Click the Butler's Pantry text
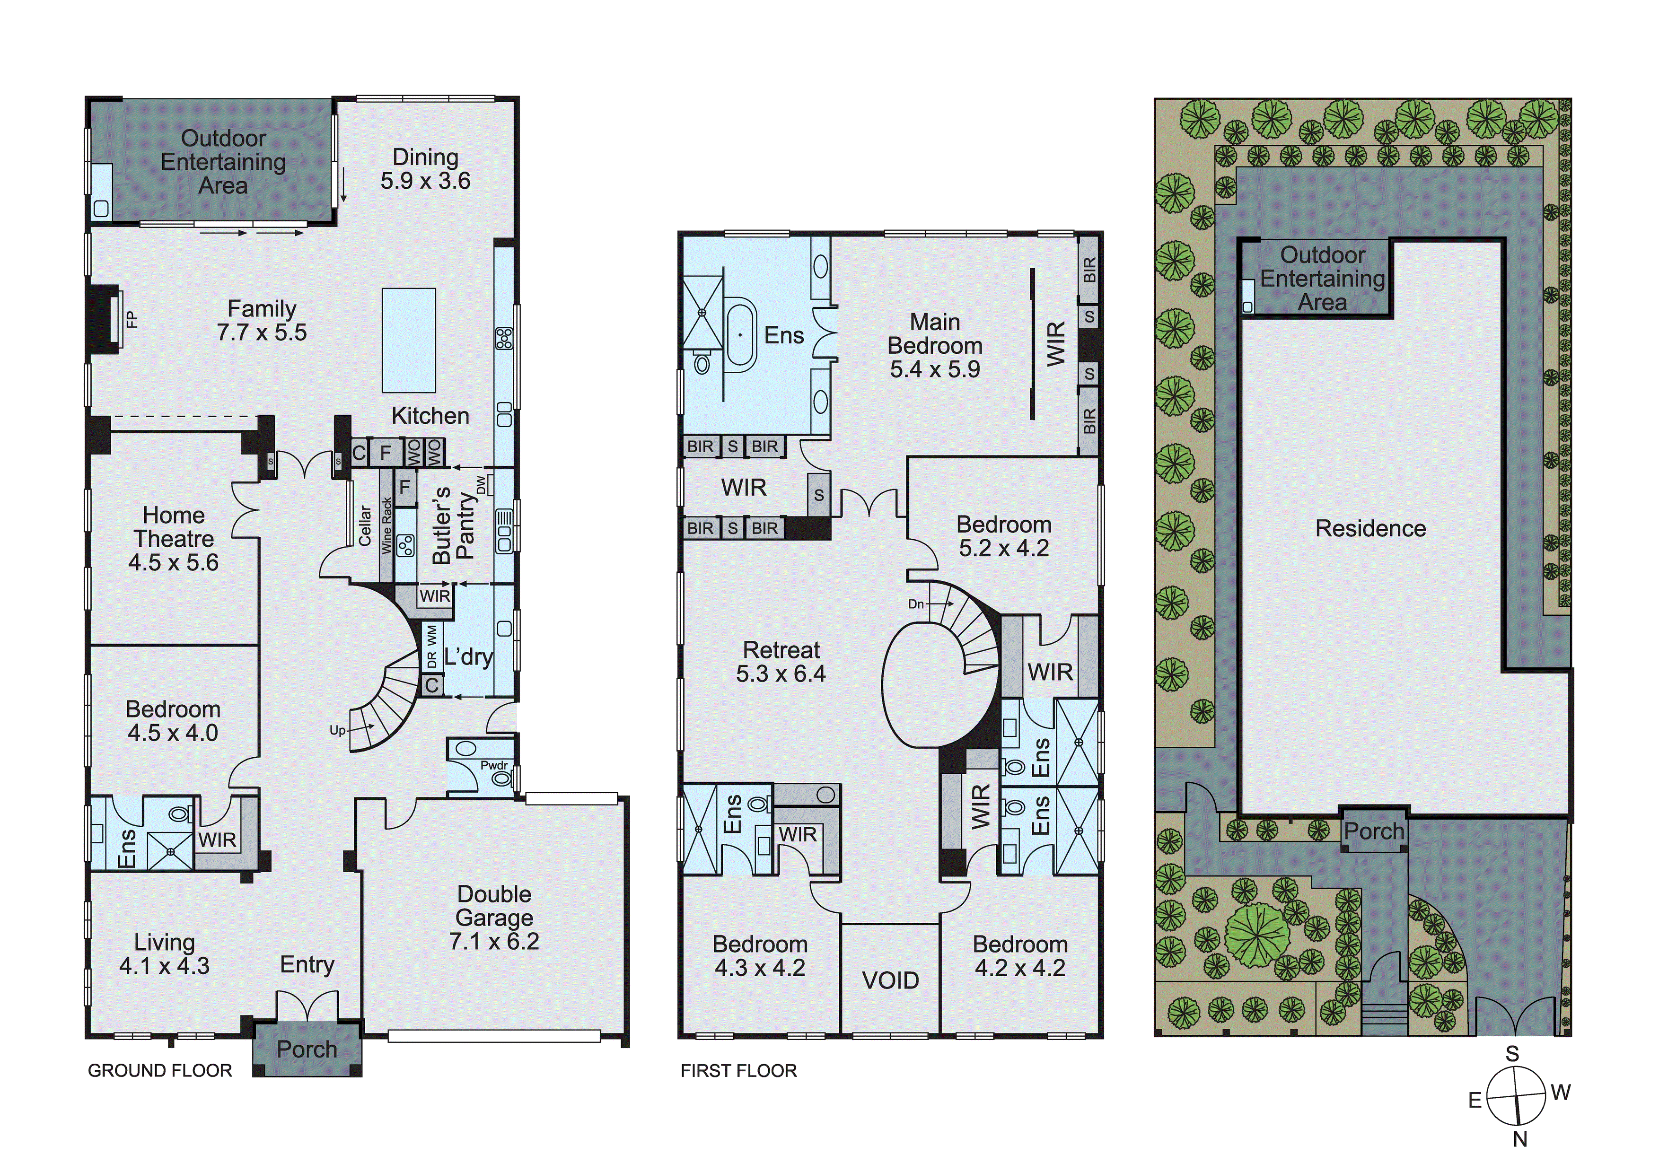pos(453,525)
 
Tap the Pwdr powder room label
pos(494,766)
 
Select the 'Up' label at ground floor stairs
pos(337,731)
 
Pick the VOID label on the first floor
pos(890,980)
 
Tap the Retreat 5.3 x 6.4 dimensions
pos(781,674)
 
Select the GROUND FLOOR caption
pos(160,1071)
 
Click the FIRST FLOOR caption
pos(738,1071)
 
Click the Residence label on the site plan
pos(1371,529)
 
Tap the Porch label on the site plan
pos(1374,831)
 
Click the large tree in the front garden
pos(1257,932)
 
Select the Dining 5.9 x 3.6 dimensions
pos(426,181)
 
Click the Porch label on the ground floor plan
pos(307,1049)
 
